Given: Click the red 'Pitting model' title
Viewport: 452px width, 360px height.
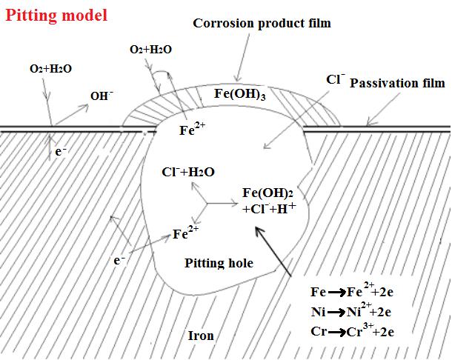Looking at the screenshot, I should coord(56,14).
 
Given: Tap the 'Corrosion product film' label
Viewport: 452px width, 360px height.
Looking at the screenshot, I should coord(262,24).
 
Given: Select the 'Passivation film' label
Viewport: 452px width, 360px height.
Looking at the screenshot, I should coord(397,84).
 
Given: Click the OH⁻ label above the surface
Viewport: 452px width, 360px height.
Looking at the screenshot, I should coord(102,96).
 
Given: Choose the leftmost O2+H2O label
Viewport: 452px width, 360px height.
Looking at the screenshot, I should coord(50,68).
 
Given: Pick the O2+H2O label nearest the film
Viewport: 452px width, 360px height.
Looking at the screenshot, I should coord(150,49).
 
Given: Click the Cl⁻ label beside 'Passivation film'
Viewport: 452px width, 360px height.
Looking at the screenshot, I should coord(335,79).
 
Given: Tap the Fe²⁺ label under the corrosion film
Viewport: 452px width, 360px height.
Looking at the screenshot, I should coord(193,130).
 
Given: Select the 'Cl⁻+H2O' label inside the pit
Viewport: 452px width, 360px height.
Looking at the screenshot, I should coord(188,173).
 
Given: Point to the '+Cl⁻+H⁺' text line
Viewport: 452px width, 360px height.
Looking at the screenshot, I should coord(269,209).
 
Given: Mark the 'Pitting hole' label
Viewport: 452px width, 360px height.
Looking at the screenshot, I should coord(219,263).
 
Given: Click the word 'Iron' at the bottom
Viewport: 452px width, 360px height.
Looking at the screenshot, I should coord(200,336).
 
